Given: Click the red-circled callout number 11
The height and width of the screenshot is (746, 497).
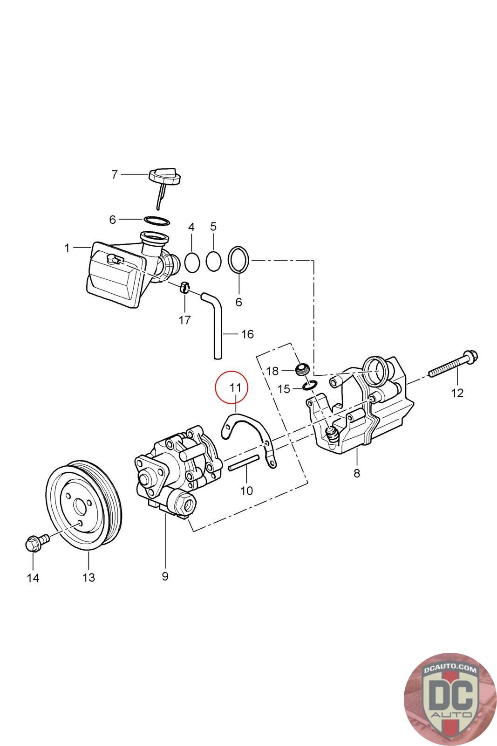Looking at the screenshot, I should click(236, 387).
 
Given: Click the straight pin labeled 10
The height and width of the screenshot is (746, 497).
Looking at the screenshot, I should click(243, 462).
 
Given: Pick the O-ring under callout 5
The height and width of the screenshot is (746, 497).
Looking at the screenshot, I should click(213, 261).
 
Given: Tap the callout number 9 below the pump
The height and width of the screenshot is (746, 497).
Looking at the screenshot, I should click(165, 576).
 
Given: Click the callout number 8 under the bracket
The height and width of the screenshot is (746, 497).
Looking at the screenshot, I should click(357, 473).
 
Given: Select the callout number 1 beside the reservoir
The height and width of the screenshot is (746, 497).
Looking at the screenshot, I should click(67, 248).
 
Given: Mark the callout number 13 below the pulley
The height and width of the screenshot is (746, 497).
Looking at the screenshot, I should click(89, 577).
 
